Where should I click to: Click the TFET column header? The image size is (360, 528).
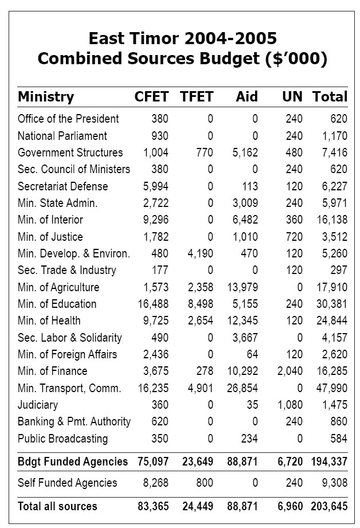(197, 97)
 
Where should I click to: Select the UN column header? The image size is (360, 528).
(292, 97)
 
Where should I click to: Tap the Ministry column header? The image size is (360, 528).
(46, 97)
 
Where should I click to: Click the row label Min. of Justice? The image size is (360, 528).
(50, 237)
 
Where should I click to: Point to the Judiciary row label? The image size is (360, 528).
(38, 405)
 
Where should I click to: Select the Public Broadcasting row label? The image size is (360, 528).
(62, 439)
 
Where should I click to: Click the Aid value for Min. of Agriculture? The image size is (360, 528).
(242, 287)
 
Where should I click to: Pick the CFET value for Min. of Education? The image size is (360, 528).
(153, 304)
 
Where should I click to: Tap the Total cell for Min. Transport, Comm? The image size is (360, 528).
(332, 388)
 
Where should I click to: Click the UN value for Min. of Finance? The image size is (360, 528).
(290, 371)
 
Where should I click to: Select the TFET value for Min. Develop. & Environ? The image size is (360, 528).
(201, 253)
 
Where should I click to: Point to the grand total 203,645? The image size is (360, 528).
(329, 506)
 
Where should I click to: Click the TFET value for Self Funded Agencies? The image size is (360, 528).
(205, 483)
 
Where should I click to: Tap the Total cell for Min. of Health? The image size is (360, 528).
(332, 320)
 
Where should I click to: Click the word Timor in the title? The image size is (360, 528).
(154, 38)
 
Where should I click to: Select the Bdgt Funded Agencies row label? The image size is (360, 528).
(73, 461)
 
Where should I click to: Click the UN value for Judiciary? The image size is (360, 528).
(290, 405)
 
